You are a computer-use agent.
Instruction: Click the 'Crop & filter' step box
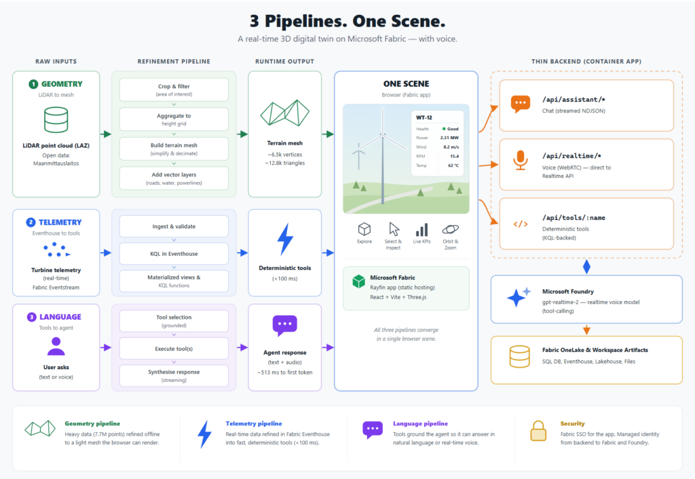point(174,90)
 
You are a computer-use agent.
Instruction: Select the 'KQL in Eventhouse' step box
point(174,254)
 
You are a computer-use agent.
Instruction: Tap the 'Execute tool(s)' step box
point(174,349)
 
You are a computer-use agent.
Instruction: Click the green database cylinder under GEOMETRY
point(56,120)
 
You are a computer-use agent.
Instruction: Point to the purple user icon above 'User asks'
point(56,347)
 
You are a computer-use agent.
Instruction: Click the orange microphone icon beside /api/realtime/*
point(521,160)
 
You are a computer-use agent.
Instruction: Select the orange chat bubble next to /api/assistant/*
point(521,104)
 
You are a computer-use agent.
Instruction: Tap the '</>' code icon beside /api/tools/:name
point(521,224)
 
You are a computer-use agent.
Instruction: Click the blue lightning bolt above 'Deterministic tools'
point(285,240)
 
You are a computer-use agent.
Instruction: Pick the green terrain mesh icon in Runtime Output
point(284,113)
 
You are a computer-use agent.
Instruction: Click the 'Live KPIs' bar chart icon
point(421,229)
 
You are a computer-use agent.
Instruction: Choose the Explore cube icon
point(364,229)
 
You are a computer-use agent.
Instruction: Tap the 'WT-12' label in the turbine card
point(424,117)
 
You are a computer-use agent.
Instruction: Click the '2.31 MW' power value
point(449,138)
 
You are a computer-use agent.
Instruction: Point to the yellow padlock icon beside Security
point(538,431)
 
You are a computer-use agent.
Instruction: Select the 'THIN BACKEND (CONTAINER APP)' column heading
point(586,62)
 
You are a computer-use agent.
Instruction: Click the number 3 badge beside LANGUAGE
point(31,317)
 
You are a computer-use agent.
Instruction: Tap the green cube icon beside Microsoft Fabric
point(358,282)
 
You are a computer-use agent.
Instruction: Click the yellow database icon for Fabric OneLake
point(519,357)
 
